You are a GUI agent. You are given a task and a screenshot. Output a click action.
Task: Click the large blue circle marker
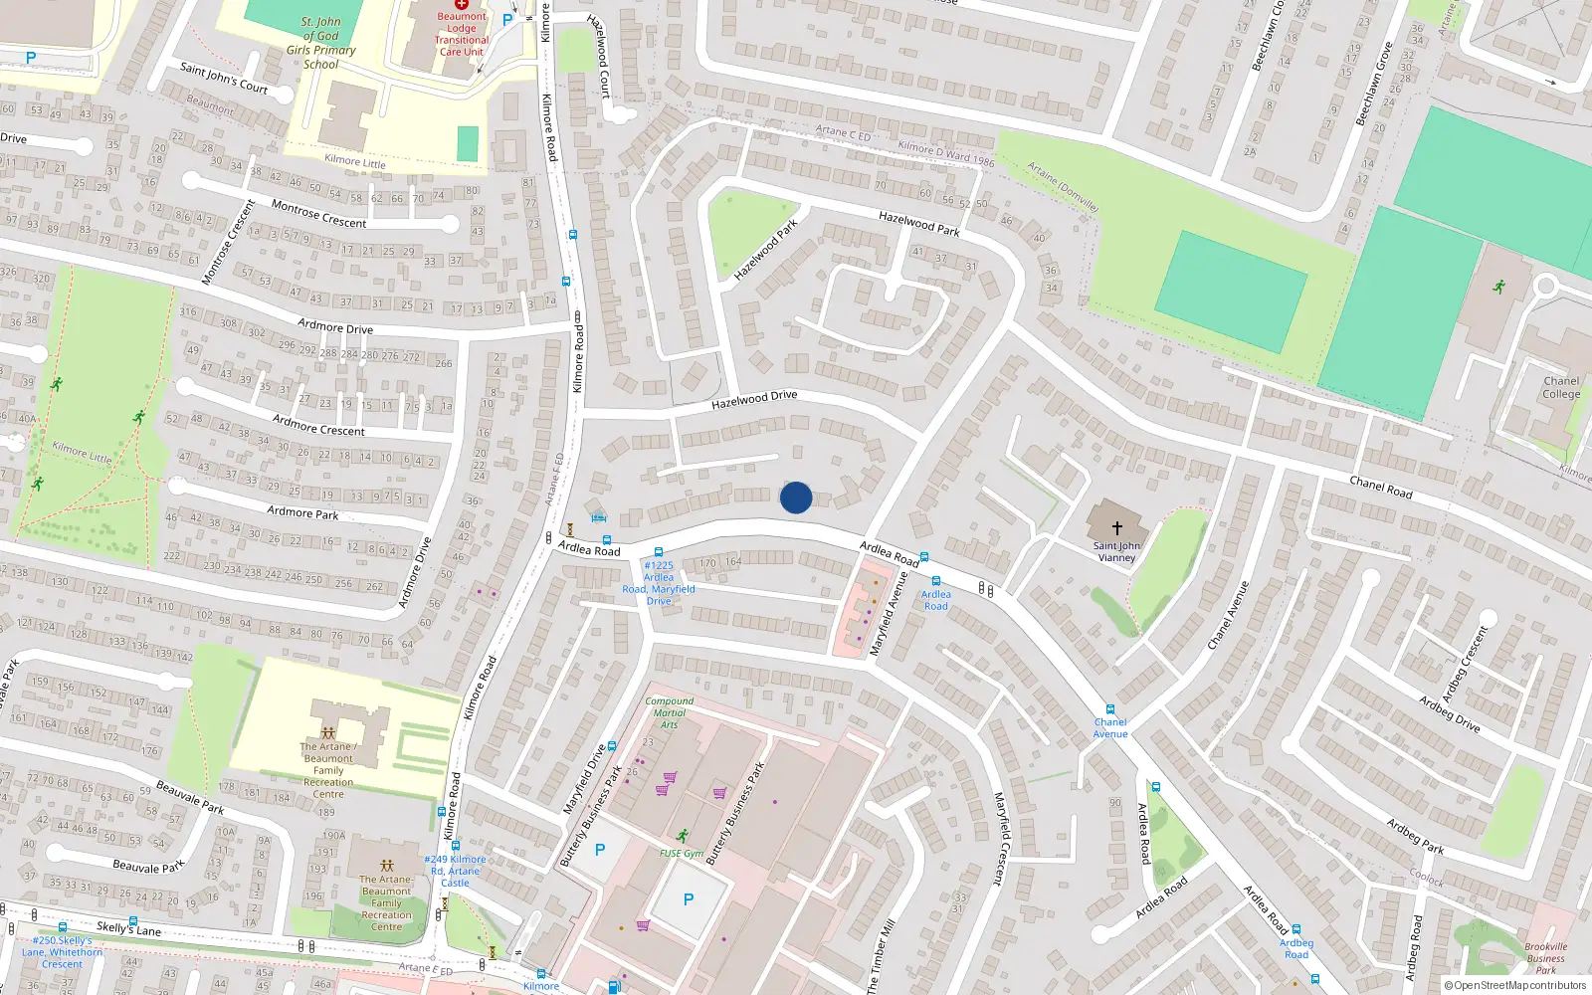(x=796, y=497)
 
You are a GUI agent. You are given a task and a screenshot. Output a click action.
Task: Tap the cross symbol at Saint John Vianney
(x=1116, y=528)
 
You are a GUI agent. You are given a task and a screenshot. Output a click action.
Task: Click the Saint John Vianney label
(x=1116, y=551)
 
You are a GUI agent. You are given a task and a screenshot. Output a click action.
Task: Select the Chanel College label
(x=1561, y=388)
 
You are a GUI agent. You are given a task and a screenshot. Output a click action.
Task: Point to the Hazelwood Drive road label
(x=754, y=400)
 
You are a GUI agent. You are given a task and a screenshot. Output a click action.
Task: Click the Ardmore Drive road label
(x=335, y=326)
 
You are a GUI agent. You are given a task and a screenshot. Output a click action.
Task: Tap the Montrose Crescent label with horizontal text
(x=318, y=214)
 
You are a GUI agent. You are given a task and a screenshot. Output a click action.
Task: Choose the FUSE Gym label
(x=682, y=853)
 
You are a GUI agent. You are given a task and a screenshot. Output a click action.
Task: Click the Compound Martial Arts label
(x=670, y=712)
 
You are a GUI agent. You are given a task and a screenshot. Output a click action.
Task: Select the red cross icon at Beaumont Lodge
(x=462, y=4)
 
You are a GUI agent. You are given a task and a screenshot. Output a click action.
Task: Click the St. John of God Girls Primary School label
(x=320, y=43)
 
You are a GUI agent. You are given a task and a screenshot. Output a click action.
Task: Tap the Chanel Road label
(x=1380, y=487)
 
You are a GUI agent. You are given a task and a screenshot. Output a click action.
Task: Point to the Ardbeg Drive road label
(x=1450, y=714)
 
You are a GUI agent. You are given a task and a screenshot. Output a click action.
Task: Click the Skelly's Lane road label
(x=128, y=928)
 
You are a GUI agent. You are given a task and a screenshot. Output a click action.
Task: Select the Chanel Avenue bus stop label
(x=1110, y=728)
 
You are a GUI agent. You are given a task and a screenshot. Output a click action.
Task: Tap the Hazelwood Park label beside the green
(x=765, y=249)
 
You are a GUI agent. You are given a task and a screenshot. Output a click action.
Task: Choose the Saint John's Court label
(x=224, y=77)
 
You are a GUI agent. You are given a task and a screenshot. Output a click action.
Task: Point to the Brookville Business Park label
(x=1545, y=958)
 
